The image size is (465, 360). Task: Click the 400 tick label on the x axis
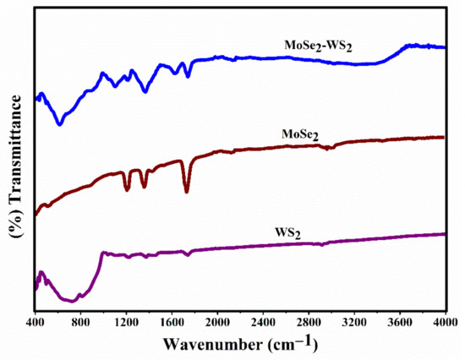click(36, 322)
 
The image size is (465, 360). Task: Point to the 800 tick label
click(80, 322)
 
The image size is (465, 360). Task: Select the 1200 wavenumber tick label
click(126, 322)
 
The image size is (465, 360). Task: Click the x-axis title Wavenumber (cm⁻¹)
click(240, 344)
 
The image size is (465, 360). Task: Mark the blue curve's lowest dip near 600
click(59, 124)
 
